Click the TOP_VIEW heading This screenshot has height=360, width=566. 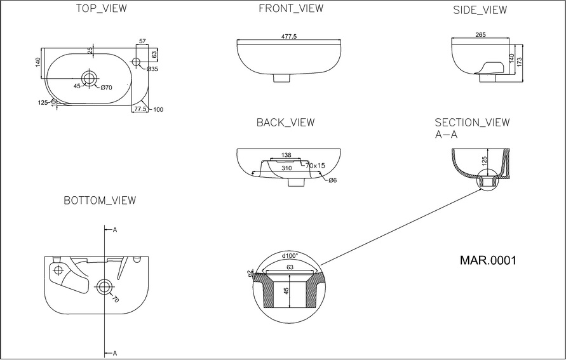point(100,9)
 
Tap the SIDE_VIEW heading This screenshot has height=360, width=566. point(480,11)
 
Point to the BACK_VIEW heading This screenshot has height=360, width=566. point(285,123)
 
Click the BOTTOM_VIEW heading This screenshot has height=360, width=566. point(100,201)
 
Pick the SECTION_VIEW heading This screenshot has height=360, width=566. point(472,123)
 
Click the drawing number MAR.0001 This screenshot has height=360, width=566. point(487,260)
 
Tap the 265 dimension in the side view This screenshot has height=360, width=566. point(480,36)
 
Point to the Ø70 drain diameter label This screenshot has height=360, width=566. point(105,87)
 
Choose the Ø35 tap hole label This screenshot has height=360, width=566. point(152,69)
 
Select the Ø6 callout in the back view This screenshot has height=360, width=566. point(333,180)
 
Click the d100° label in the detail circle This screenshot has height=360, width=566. point(290,257)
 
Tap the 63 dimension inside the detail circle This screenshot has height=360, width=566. point(290,267)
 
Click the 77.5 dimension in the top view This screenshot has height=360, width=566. point(140,109)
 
